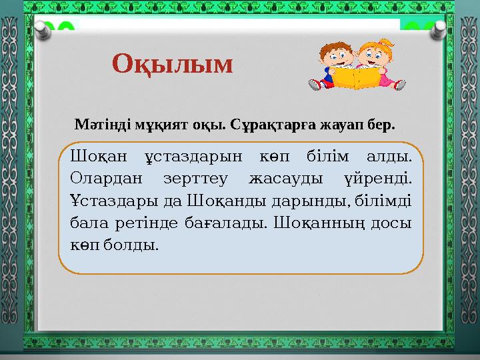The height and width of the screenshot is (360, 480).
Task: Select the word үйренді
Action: coord(381,178)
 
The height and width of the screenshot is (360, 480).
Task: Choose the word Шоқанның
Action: coord(315,222)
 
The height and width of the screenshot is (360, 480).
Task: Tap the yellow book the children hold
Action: coord(355,77)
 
